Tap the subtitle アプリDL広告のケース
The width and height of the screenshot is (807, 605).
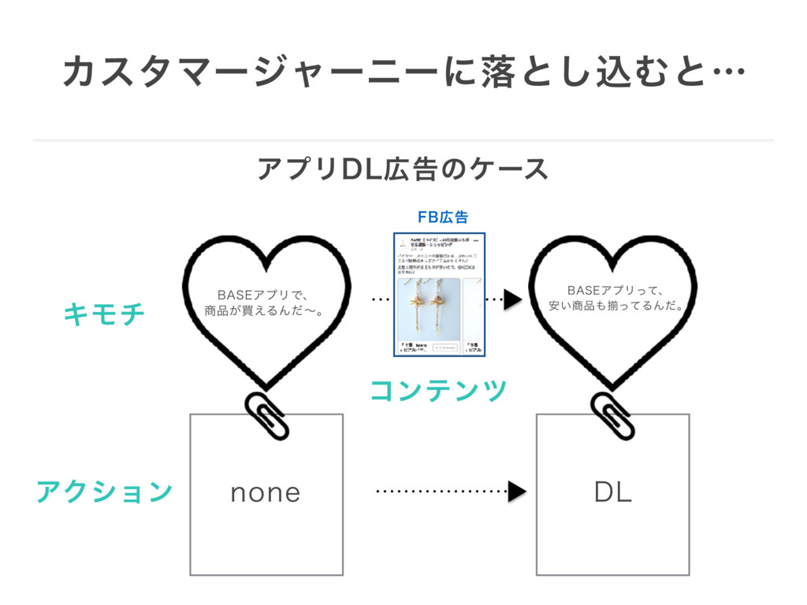click(403, 169)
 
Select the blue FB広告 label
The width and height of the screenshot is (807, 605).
click(442, 217)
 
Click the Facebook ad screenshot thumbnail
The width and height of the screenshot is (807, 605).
click(439, 295)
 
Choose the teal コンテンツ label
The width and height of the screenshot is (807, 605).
click(438, 389)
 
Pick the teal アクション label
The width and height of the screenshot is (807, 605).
click(104, 492)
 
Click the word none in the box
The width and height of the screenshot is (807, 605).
click(266, 493)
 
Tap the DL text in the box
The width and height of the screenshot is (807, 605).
click(612, 493)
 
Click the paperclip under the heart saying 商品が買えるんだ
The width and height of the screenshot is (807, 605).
click(267, 414)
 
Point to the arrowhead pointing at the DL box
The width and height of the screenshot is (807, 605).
click(516, 492)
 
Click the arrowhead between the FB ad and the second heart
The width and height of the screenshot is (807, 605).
click(512, 299)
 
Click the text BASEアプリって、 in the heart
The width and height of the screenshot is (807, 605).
click(615, 289)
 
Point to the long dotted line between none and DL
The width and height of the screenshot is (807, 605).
click(441, 492)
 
